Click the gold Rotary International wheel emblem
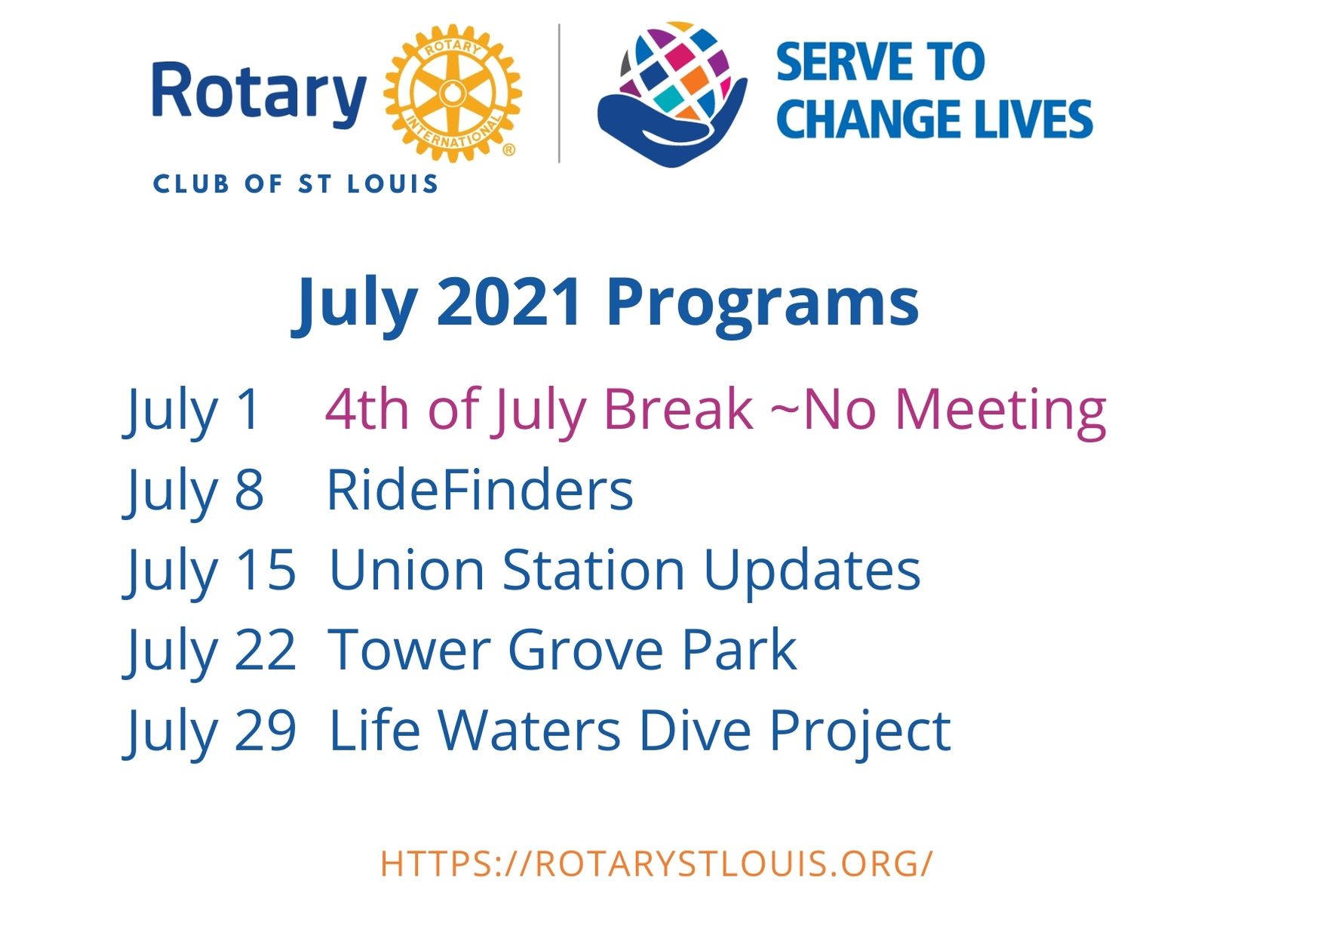(x=453, y=93)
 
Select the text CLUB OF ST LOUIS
(x=296, y=184)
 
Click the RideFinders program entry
(x=480, y=491)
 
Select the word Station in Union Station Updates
(x=594, y=571)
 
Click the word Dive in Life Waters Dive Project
(x=695, y=731)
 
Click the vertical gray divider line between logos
(x=559, y=93)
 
